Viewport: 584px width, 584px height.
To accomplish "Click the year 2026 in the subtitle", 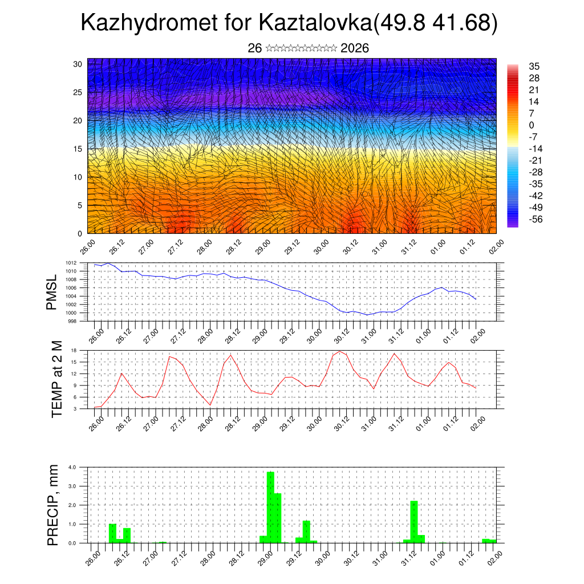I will (354, 48).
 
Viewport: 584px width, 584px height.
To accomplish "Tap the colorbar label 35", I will (534, 66).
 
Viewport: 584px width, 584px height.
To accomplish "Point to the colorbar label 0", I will (532, 125).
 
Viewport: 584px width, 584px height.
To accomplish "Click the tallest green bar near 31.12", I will (414, 521).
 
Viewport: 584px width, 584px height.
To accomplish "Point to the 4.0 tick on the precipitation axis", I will (72, 467).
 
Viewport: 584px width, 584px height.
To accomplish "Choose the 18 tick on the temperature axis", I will (74, 350).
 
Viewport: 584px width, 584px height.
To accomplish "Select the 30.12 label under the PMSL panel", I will (341, 334).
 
